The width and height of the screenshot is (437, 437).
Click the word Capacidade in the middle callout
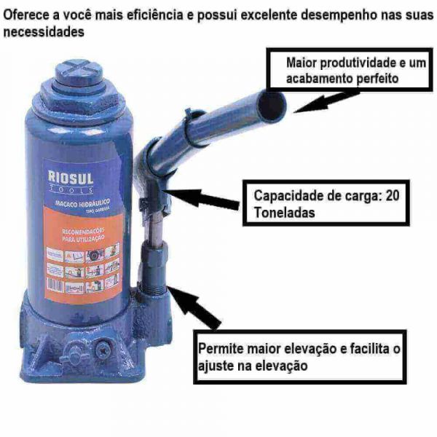pos(288,195)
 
